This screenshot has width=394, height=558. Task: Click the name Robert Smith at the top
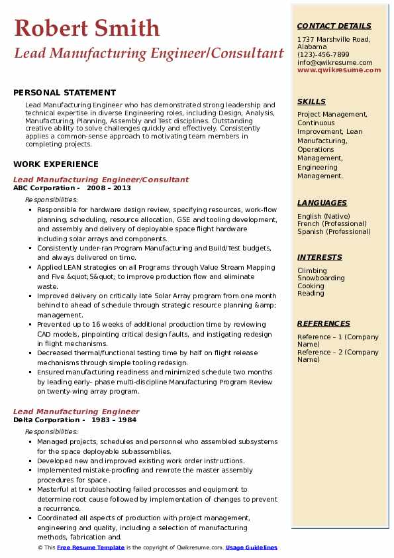pyautogui.click(x=87, y=28)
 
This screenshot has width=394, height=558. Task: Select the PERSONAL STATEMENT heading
pyautogui.click(x=64, y=93)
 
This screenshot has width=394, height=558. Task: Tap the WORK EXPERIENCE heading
pyautogui.click(x=56, y=164)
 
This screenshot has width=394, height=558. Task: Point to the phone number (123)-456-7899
pyautogui.click(x=323, y=55)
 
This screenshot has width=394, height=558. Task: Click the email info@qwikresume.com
pyautogui.click(x=334, y=63)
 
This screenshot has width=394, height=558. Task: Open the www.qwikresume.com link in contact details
pyautogui.click(x=339, y=70)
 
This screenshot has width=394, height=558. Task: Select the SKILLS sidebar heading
pyautogui.click(x=311, y=102)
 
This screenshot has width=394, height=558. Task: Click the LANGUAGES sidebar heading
pyautogui.click(x=322, y=203)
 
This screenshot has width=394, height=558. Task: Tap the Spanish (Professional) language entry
pyautogui.click(x=334, y=232)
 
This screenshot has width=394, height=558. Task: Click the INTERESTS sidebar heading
pyautogui.click(x=320, y=257)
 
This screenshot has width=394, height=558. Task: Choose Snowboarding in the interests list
pyautogui.click(x=321, y=278)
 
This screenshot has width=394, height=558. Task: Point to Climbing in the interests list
pyautogui.click(x=312, y=271)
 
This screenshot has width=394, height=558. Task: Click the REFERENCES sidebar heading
pyautogui.click(x=324, y=323)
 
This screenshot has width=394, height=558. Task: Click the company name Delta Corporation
pyautogui.click(x=46, y=419)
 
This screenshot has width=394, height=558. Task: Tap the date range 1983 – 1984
pyautogui.click(x=113, y=419)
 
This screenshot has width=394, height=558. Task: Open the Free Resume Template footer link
pyautogui.click(x=91, y=548)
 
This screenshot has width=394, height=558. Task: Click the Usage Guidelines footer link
pyautogui.click(x=252, y=548)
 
